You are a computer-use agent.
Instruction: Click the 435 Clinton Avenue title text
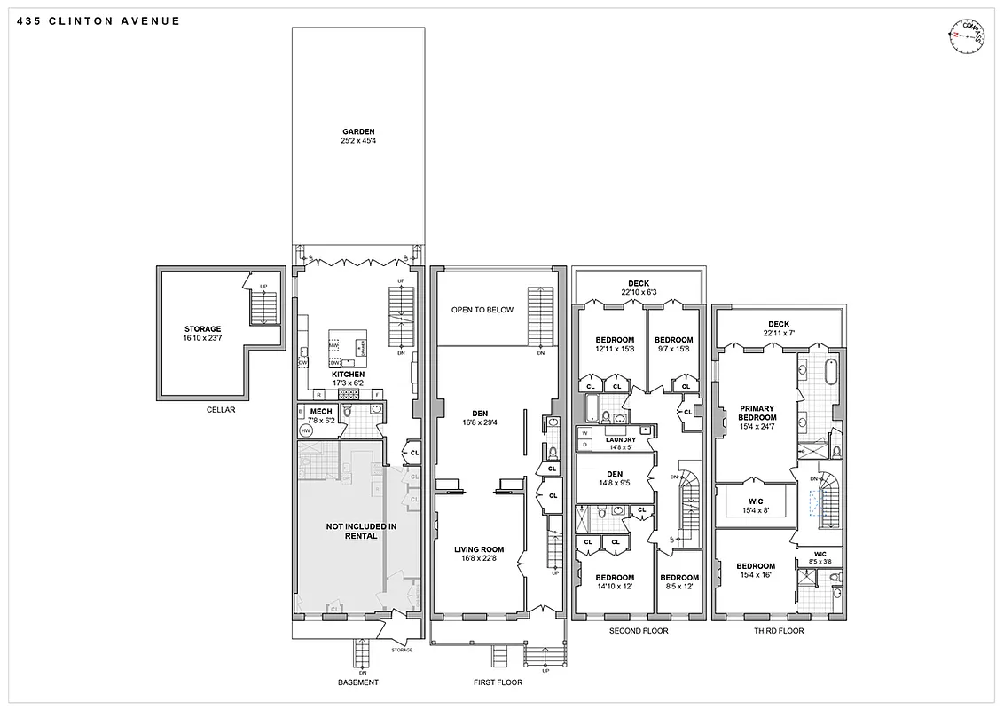pos(98,20)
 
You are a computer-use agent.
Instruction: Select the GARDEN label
pos(359,136)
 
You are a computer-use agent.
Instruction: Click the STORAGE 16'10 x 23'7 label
pos(203,333)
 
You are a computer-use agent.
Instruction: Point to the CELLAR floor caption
pos(221,410)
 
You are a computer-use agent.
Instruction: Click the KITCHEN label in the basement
pos(348,378)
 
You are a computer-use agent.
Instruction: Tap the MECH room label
pos(320,415)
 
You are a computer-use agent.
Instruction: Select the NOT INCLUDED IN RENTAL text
pos(360,531)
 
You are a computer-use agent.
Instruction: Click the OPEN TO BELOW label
pos(482,310)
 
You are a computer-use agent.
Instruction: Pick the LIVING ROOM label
pos(479,554)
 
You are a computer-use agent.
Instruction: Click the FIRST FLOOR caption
pos(498,682)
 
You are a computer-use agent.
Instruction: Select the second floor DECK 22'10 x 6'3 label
pos(639,288)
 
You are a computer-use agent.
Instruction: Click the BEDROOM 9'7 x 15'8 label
pos(673,344)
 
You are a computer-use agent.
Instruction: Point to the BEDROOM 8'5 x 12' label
pos(680,581)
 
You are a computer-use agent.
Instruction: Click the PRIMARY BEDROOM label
pos(757,418)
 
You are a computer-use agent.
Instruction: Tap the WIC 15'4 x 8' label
pos(757,501)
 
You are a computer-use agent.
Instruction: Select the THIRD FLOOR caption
pos(779,631)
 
